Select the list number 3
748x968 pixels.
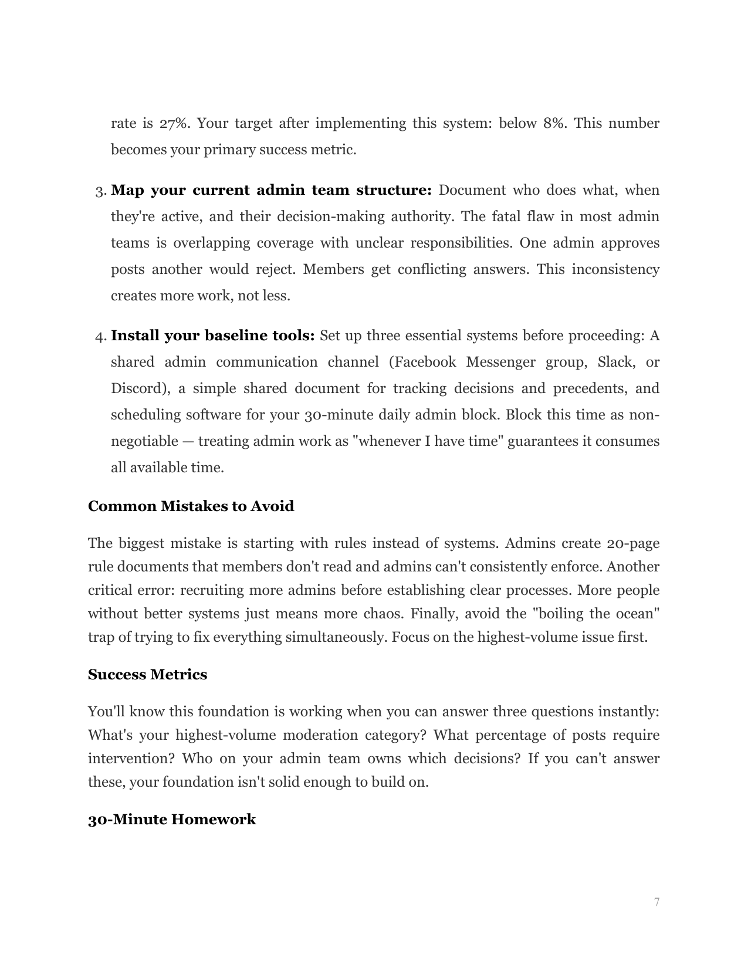point(100,191)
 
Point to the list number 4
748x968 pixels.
point(100,337)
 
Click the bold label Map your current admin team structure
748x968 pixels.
point(271,191)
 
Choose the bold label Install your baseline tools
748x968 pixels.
point(213,336)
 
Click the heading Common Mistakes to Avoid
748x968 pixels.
point(191,506)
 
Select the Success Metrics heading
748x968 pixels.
point(147,675)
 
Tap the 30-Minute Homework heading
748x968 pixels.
point(171,820)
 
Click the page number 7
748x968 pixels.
point(656,902)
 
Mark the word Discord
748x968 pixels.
point(136,388)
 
